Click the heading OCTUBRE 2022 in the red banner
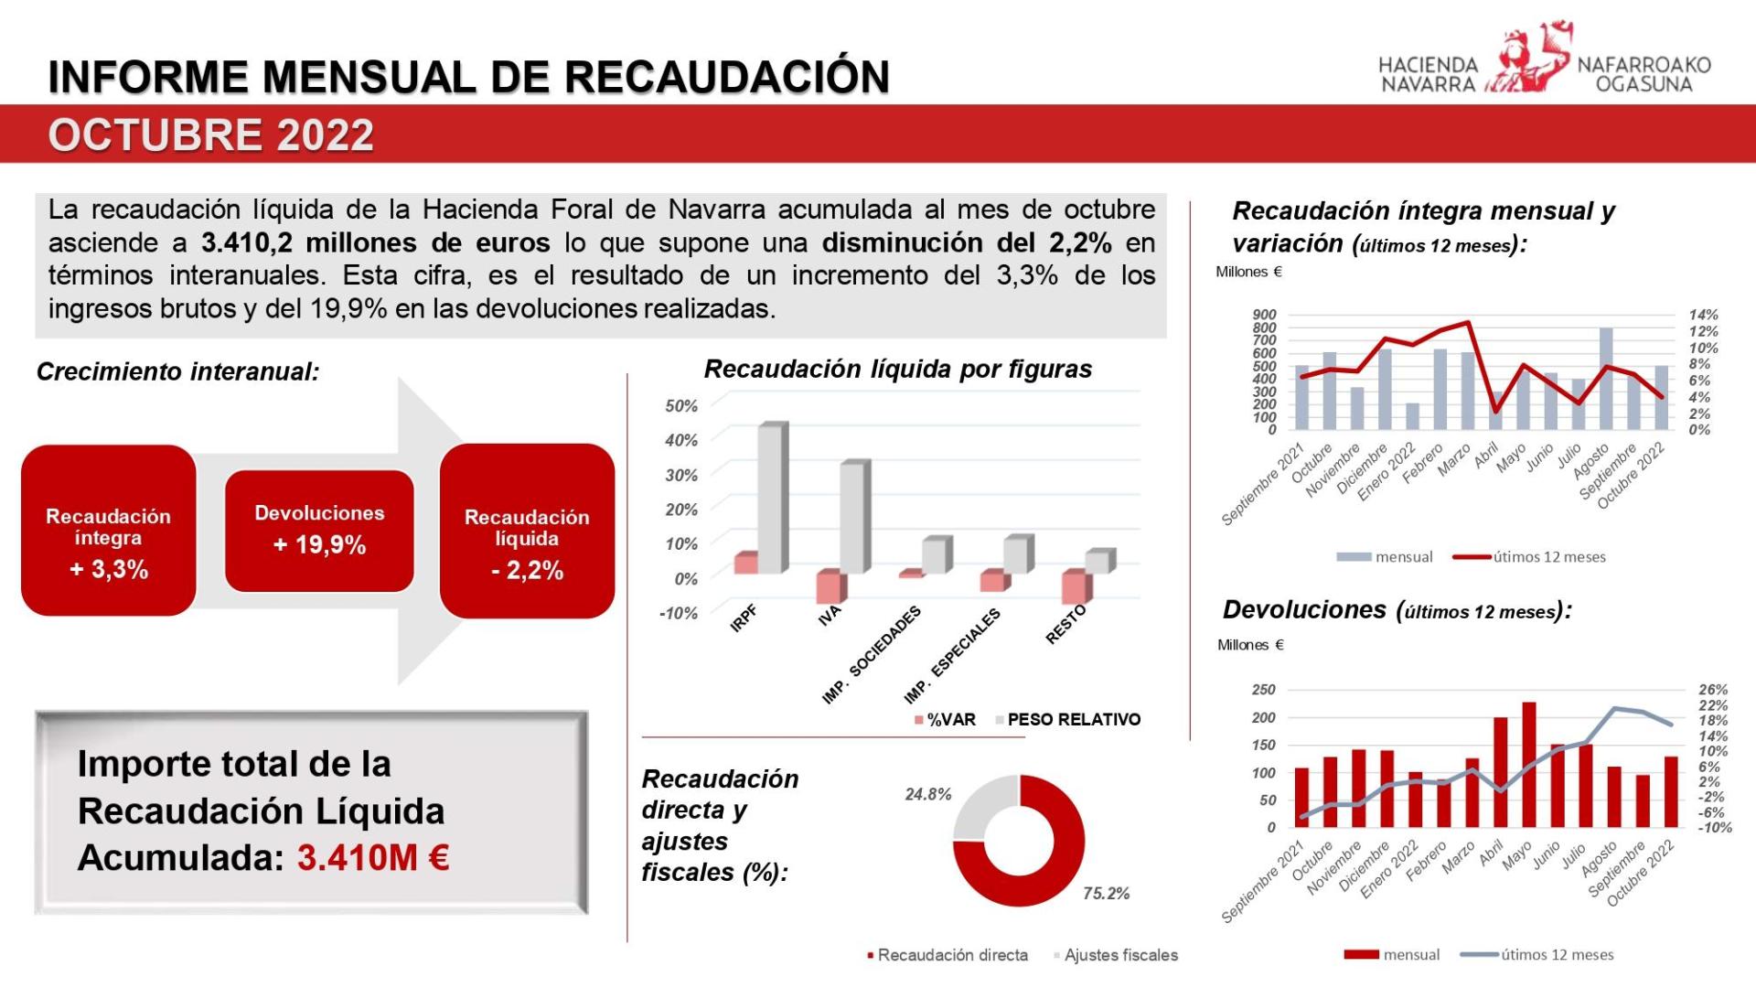(x=211, y=135)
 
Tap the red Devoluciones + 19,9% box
(x=319, y=531)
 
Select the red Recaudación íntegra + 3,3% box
(x=108, y=531)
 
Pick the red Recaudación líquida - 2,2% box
(x=527, y=532)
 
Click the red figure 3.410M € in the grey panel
(x=373, y=858)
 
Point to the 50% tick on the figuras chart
(x=681, y=405)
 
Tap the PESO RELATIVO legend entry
(x=1073, y=720)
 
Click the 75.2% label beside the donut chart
(x=1106, y=894)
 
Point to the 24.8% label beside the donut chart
(x=928, y=794)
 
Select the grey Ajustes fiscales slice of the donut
(x=979, y=810)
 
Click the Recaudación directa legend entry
(x=952, y=955)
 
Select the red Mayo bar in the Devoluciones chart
(x=1529, y=765)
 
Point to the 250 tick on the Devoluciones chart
(x=1263, y=690)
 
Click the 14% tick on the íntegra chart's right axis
(x=1703, y=315)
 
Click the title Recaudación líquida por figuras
(x=897, y=370)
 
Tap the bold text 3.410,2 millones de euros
(x=376, y=243)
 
